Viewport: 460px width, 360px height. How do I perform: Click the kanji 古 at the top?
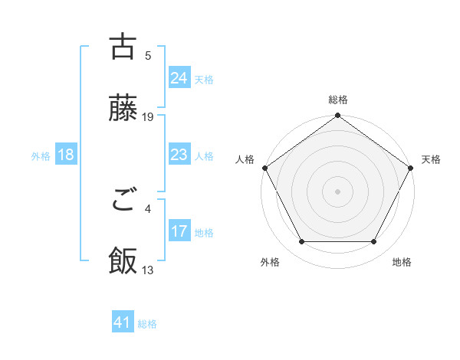tap(123, 47)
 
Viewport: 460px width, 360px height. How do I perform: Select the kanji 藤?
tap(123, 109)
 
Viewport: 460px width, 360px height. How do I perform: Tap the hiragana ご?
tap(123, 201)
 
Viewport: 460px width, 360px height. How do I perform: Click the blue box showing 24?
tap(179, 78)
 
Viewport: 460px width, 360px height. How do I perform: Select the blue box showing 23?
tap(179, 155)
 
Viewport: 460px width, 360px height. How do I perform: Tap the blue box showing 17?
tap(179, 231)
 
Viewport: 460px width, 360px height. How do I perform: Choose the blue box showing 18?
tap(65, 155)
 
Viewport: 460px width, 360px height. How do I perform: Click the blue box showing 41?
tap(123, 323)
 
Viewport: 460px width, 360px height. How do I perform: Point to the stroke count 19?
tap(148, 116)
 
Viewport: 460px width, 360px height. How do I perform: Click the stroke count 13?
tap(148, 270)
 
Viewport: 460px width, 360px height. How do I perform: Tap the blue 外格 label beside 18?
tap(41, 156)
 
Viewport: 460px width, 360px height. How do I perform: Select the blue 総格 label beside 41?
tap(147, 324)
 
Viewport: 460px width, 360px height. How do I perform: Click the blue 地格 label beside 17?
tap(204, 233)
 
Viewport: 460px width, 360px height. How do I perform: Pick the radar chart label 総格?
tap(337, 100)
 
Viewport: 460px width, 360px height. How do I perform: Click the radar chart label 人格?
tap(245, 159)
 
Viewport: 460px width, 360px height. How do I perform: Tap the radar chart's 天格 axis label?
tap(432, 159)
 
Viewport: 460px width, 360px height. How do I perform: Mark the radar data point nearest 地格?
tap(374, 242)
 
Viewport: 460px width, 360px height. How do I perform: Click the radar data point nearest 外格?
tap(301, 242)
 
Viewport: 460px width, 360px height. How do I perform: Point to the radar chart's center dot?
tap(337, 191)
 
